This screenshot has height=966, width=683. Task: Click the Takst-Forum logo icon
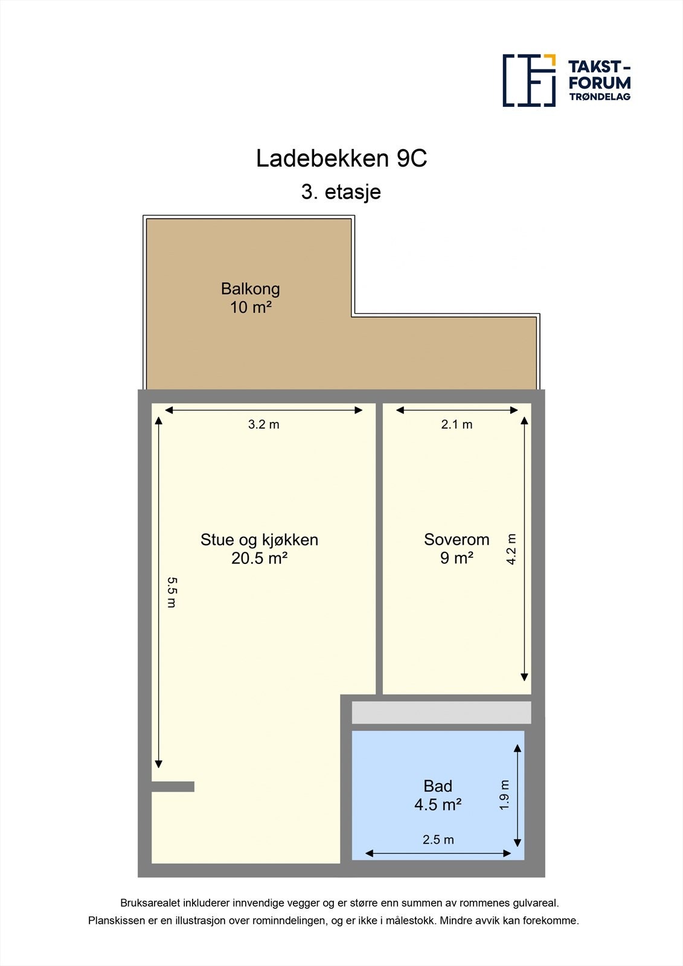click(x=529, y=80)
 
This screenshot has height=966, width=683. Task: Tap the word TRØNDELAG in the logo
click(x=599, y=97)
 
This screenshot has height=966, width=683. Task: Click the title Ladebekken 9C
click(x=341, y=159)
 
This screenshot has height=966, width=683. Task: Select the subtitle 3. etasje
click(x=341, y=192)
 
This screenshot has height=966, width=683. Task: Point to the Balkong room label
click(x=250, y=289)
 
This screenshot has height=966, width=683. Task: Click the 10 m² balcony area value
click(x=250, y=307)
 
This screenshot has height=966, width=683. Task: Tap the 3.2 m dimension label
click(x=263, y=424)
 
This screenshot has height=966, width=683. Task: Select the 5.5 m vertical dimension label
click(x=172, y=592)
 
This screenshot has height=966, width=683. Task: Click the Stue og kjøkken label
click(x=259, y=540)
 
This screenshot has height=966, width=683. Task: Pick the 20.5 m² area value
click(x=259, y=558)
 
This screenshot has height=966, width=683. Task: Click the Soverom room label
click(x=457, y=540)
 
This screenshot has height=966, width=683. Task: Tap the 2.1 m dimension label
click(x=457, y=424)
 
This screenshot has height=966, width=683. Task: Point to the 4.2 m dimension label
click(x=511, y=549)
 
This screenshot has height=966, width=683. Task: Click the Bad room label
click(x=438, y=786)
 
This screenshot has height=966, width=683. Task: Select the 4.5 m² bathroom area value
click(x=438, y=805)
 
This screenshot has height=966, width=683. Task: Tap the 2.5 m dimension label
click(x=438, y=840)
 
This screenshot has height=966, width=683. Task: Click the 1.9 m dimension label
click(x=505, y=795)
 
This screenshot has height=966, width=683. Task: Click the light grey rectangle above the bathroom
click(x=441, y=712)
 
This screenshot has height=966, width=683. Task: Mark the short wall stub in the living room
click(x=173, y=787)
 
